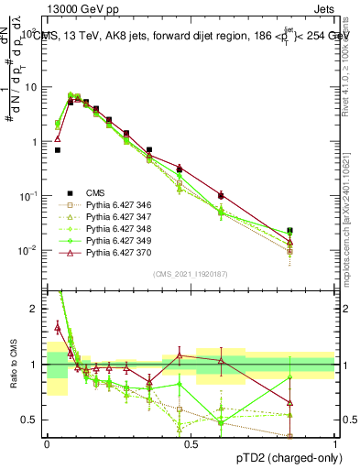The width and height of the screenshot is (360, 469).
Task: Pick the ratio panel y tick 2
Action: pyautogui.click(x=34, y=309)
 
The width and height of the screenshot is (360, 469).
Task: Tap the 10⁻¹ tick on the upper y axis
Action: pyautogui.click(x=30, y=196)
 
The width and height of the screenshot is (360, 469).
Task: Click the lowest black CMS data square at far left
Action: pyautogui.click(x=58, y=150)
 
